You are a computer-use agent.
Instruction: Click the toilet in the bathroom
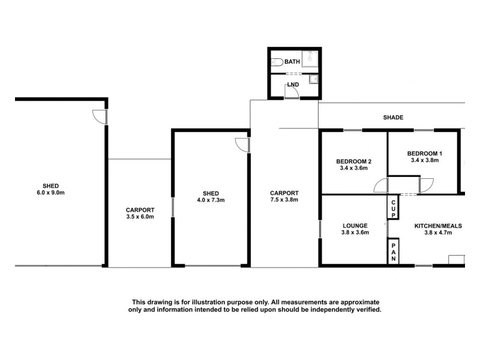point(277,61)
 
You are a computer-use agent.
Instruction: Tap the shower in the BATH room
point(311,59)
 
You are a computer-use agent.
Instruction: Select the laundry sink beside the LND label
point(312,80)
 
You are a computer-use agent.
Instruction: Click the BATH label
point(292,62)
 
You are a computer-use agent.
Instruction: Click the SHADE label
point(393,118)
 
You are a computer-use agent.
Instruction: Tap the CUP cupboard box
point(393,209)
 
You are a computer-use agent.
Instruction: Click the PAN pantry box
point(394,250)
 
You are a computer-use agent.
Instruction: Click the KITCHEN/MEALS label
point(433,226)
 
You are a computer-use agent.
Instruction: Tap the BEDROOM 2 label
point(353,161)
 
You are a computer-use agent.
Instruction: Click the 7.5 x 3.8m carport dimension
point(284,200)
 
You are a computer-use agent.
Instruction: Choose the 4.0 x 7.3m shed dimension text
point(211,200)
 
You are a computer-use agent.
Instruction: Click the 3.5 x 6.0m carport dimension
point(140,217)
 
